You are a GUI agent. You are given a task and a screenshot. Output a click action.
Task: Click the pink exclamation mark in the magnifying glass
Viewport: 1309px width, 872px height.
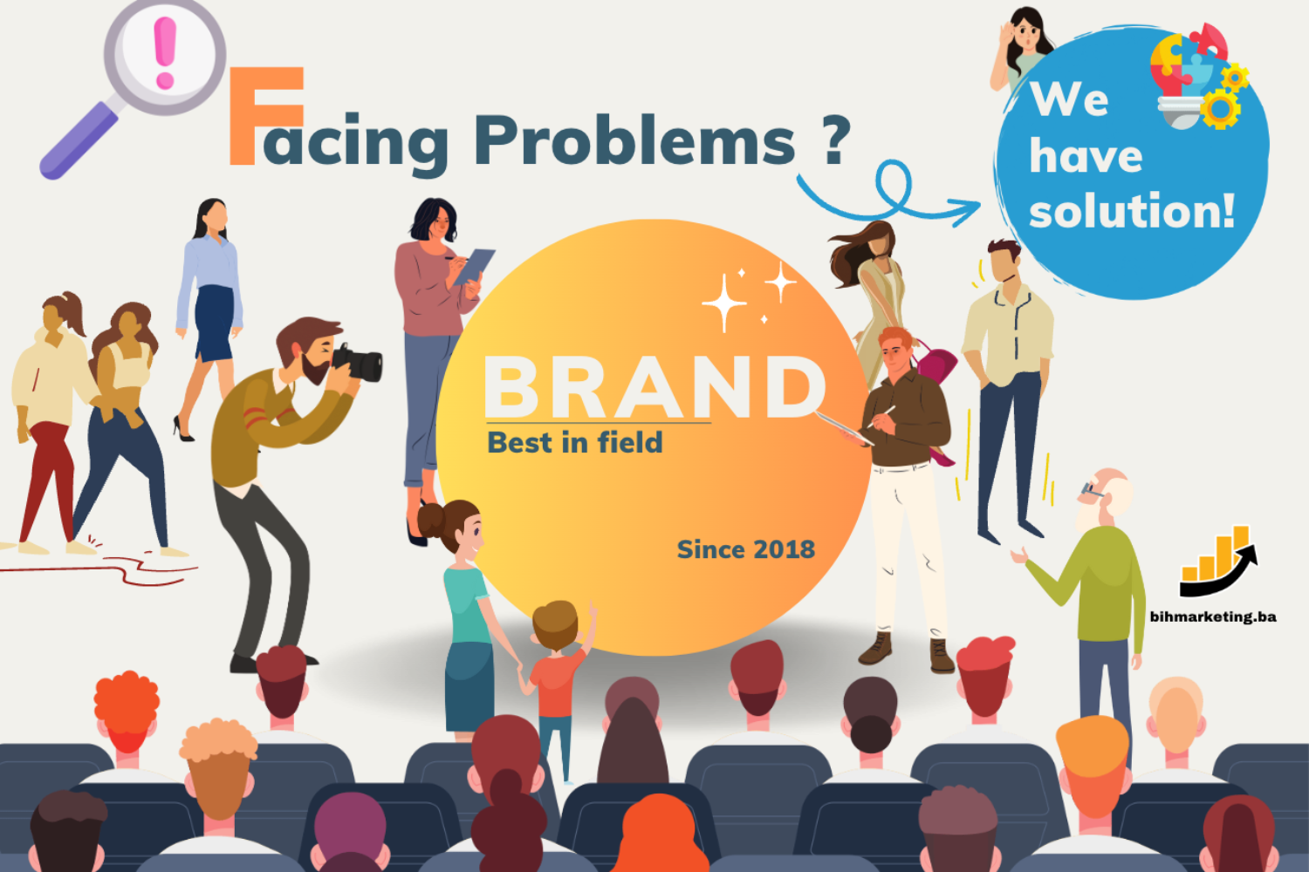pos(165,52)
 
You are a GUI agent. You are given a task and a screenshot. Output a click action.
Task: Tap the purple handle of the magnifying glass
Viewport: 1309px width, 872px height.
pos(80,140)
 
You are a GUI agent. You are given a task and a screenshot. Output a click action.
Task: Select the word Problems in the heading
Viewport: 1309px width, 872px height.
pos(634,140)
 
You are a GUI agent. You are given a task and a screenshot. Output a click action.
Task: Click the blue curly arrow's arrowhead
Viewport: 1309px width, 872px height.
pos(964,211)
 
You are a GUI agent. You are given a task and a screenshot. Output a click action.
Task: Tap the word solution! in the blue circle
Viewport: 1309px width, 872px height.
pos(1132,210)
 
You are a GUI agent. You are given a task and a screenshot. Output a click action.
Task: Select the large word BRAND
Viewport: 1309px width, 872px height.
pos(654,386)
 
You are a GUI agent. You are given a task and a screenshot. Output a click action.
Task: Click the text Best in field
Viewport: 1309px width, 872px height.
pos(575,442)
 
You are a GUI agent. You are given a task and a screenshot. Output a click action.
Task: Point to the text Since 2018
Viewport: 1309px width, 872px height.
pos(745,549)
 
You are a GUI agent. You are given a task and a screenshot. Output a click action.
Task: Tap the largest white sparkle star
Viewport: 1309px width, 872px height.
pos(724,303)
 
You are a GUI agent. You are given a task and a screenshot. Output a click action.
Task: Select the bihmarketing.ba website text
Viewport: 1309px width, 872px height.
pos(1213,617)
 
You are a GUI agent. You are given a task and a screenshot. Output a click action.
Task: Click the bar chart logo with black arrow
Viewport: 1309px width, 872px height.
pos(1216,562)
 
